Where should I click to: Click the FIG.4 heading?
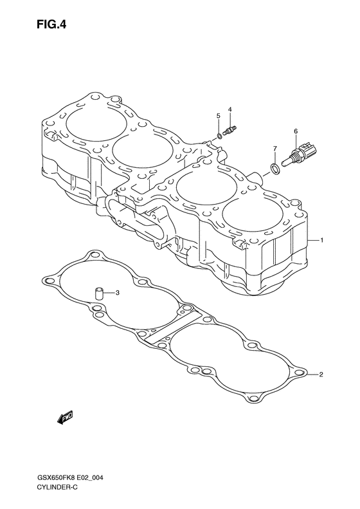click(x=51, y=24)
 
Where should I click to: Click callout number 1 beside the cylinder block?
click(x=321, y=240)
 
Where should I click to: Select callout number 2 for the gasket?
click(x=321, y=375)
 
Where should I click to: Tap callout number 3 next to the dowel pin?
click(x=118, y=293)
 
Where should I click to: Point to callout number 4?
click(x=230, y=109)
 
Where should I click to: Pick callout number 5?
click(x=219, y=116)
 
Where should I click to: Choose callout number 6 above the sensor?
click(x=296, y=131)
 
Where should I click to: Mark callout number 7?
click(x=274, y=149)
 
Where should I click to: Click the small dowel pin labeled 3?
click(x=98, y=293)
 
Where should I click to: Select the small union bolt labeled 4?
click(x=231, y=131)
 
